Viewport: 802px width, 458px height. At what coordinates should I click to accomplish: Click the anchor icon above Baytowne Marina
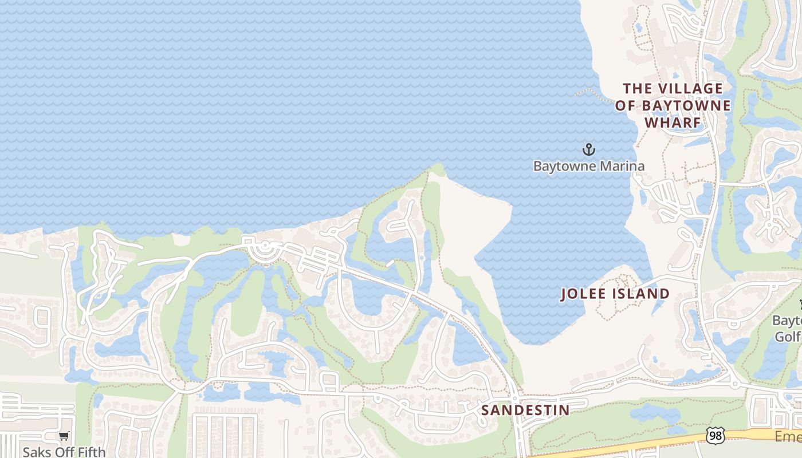click(x=588, y=150)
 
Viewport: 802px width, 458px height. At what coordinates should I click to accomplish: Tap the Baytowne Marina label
click(x=588, y=166)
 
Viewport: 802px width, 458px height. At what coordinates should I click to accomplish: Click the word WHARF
click(x=673, y=123)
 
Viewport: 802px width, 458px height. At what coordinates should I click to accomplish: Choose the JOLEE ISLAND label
click(x=615, y=294)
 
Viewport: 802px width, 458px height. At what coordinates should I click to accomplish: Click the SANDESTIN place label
click(x=525, y=410)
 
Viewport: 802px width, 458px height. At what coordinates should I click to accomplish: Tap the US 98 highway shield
click(x=715, y=436)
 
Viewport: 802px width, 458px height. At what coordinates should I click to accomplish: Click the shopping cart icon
click(x=64, y=436)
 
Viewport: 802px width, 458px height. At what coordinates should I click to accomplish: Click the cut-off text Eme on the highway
click(x=788, y=437)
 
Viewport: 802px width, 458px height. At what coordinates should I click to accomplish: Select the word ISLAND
click(x=640, y=294)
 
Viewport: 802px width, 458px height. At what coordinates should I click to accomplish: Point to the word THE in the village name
click(x=637, y=88)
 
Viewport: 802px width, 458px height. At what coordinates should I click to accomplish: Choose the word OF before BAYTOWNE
click(x=626, y=105)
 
